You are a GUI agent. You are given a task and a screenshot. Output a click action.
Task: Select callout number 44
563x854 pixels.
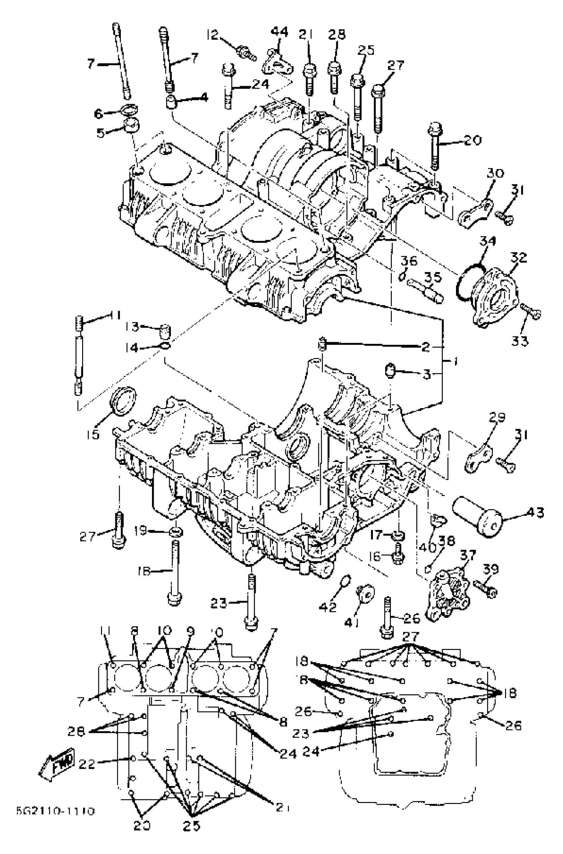[279, 32]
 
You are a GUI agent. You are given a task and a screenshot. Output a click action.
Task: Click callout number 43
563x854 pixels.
[535, 512]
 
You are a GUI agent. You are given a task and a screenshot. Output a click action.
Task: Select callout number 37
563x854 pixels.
[468, 556]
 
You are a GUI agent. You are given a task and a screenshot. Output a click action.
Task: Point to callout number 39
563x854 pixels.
[490, 569]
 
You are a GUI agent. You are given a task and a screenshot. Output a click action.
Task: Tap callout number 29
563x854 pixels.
[496, 418]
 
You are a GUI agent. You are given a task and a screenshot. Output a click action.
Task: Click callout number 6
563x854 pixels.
[98, 114]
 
